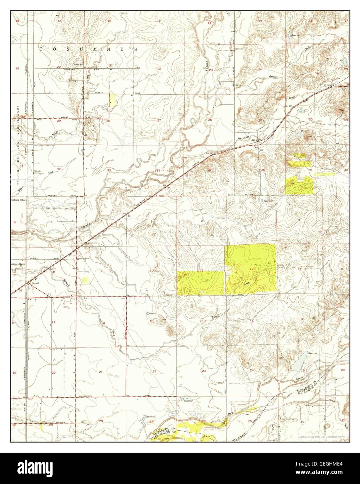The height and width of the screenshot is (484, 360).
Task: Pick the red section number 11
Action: (202, 271)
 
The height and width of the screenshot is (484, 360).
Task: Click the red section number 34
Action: (158, 170)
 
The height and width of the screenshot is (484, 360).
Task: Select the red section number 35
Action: (209, 170)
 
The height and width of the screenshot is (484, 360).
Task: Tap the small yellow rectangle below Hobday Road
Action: (113, 100)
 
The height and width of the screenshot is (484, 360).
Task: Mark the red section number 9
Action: (102, 271)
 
